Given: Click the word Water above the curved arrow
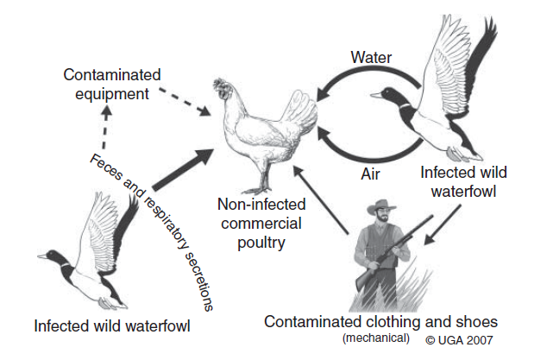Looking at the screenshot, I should (x=372, y=57).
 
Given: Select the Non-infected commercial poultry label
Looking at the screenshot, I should (x=255, y=224).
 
